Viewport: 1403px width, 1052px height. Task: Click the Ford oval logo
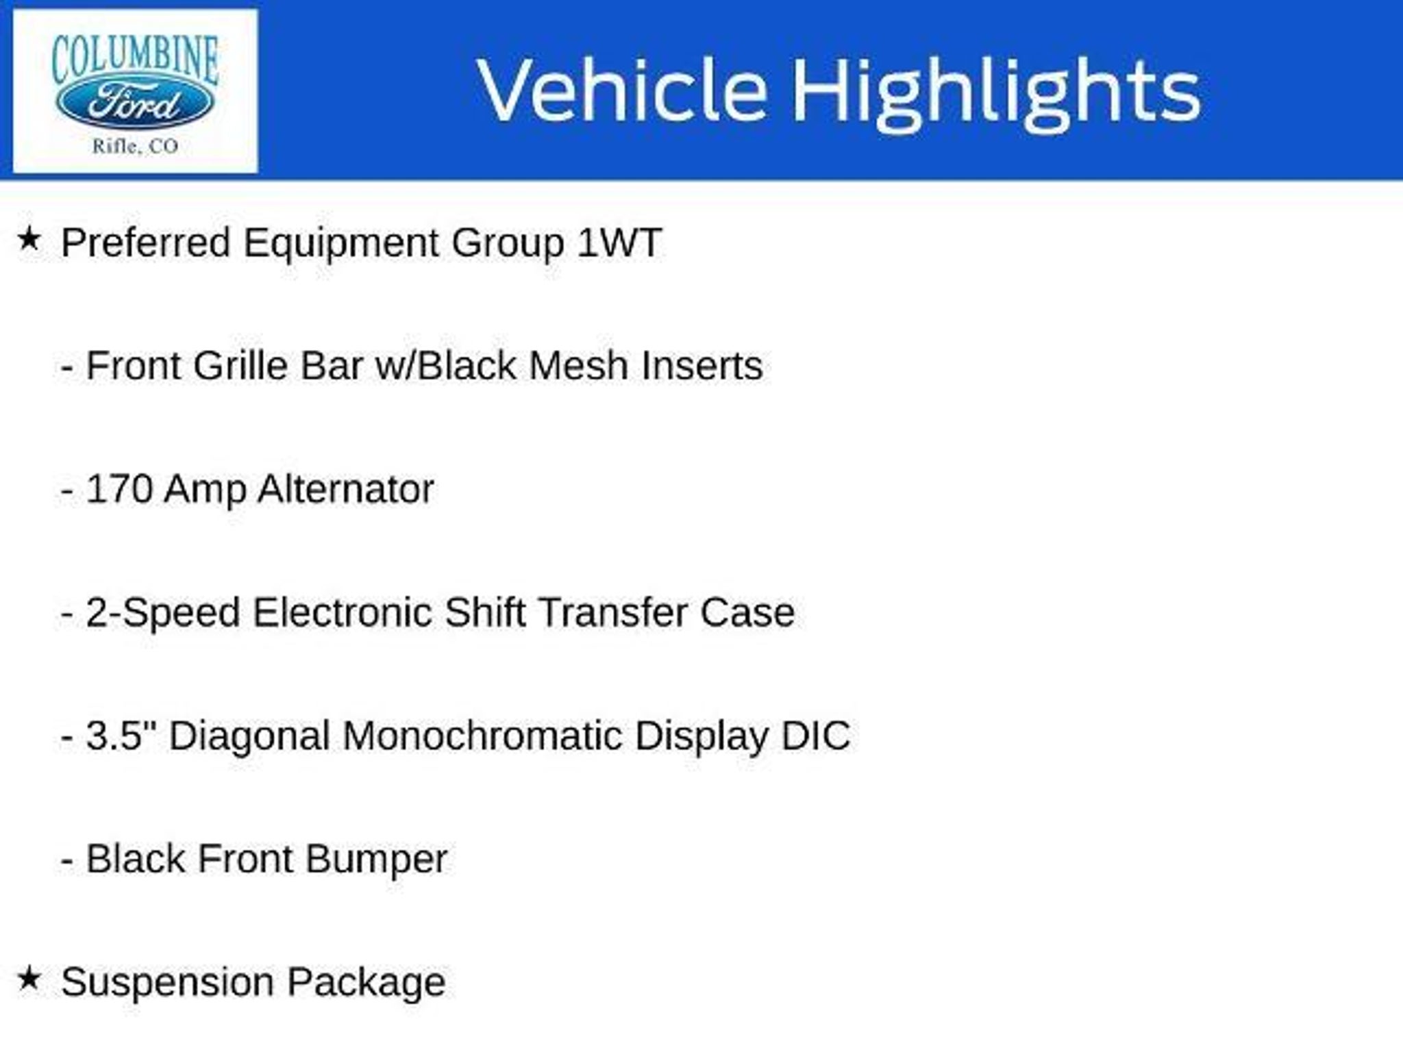135,103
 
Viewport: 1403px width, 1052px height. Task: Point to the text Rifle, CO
135,146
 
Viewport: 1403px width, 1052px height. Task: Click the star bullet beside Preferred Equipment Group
29,240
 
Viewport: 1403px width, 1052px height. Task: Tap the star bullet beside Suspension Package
29,979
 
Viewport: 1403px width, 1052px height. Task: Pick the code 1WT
619,242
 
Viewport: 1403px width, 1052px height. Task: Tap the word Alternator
347,489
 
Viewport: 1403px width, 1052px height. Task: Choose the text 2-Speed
163,614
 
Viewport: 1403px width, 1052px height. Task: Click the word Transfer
613,612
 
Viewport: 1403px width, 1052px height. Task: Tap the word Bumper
376,860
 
